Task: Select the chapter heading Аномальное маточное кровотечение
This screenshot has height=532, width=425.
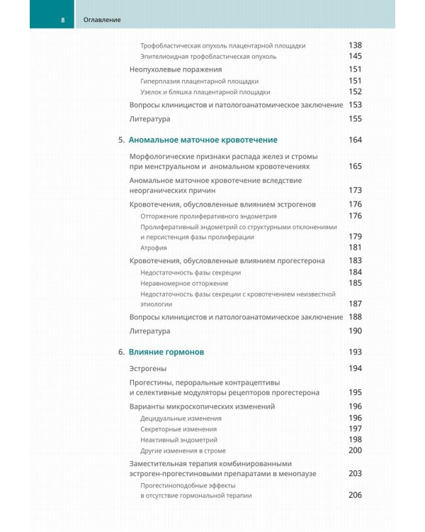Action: (203, 140)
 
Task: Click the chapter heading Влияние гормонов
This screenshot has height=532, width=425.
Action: (170, 352)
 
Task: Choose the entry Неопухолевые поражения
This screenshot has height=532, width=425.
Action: (176, 70)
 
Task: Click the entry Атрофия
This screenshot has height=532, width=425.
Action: (154, 248)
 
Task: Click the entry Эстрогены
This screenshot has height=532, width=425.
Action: (148, 369)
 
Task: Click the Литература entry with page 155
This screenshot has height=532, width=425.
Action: (150, 119)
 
